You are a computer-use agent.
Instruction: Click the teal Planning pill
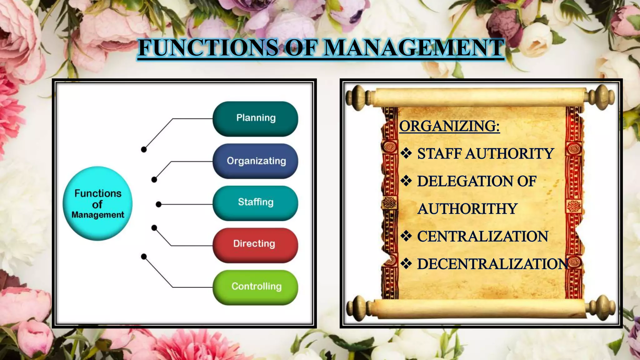point(255,119)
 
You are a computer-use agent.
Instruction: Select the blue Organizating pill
point(255,161)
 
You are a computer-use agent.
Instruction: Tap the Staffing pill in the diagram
point(255,203)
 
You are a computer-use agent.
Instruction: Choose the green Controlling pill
point(255,287)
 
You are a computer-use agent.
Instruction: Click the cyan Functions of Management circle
point(97,203)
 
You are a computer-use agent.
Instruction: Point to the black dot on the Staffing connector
point(159,204)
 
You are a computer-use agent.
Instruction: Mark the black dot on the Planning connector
point(144,149)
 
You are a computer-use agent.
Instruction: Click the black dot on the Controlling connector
point(144,257)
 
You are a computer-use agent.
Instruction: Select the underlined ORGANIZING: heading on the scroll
point(449,126)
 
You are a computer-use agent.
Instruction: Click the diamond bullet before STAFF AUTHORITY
point(406,153)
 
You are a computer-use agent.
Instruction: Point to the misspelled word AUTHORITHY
point(467,209)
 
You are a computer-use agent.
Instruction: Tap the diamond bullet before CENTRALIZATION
point(406,236)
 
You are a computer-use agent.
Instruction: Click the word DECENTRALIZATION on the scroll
point(492,264)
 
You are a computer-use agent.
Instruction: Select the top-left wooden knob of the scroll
point(356,98)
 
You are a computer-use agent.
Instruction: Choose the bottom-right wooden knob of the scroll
point(604,308)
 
